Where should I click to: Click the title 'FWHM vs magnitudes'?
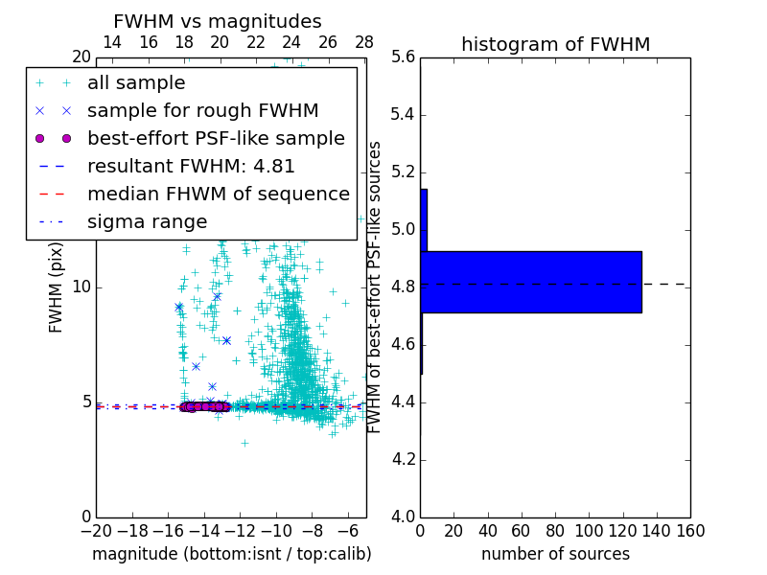pos(218,21)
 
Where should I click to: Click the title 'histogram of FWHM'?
pos(555,44)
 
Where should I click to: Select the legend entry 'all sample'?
pos(136,83)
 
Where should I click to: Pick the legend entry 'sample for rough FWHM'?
pos(202,110)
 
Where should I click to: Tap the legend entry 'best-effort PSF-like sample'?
pos(216,138)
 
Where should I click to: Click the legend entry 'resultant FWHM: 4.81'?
pos(191,166)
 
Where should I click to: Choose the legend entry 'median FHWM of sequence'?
pos(218,194)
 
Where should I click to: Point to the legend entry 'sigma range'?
pos(147,221)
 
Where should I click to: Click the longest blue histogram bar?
pos(530,282)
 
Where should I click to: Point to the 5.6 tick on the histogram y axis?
pos(405,57)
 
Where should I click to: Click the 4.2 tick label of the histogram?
pos(405,460)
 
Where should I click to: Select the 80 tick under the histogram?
pos(555,530)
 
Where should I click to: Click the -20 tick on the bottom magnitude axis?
pos(96,530)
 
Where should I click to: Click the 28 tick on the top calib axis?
pos(364,42)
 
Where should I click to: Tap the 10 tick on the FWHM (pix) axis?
pos(82,287)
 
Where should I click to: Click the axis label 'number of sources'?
pos(555,554)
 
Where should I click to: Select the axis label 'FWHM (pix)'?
pos(57,287)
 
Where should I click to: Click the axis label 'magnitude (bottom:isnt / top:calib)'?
pos(231,554)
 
